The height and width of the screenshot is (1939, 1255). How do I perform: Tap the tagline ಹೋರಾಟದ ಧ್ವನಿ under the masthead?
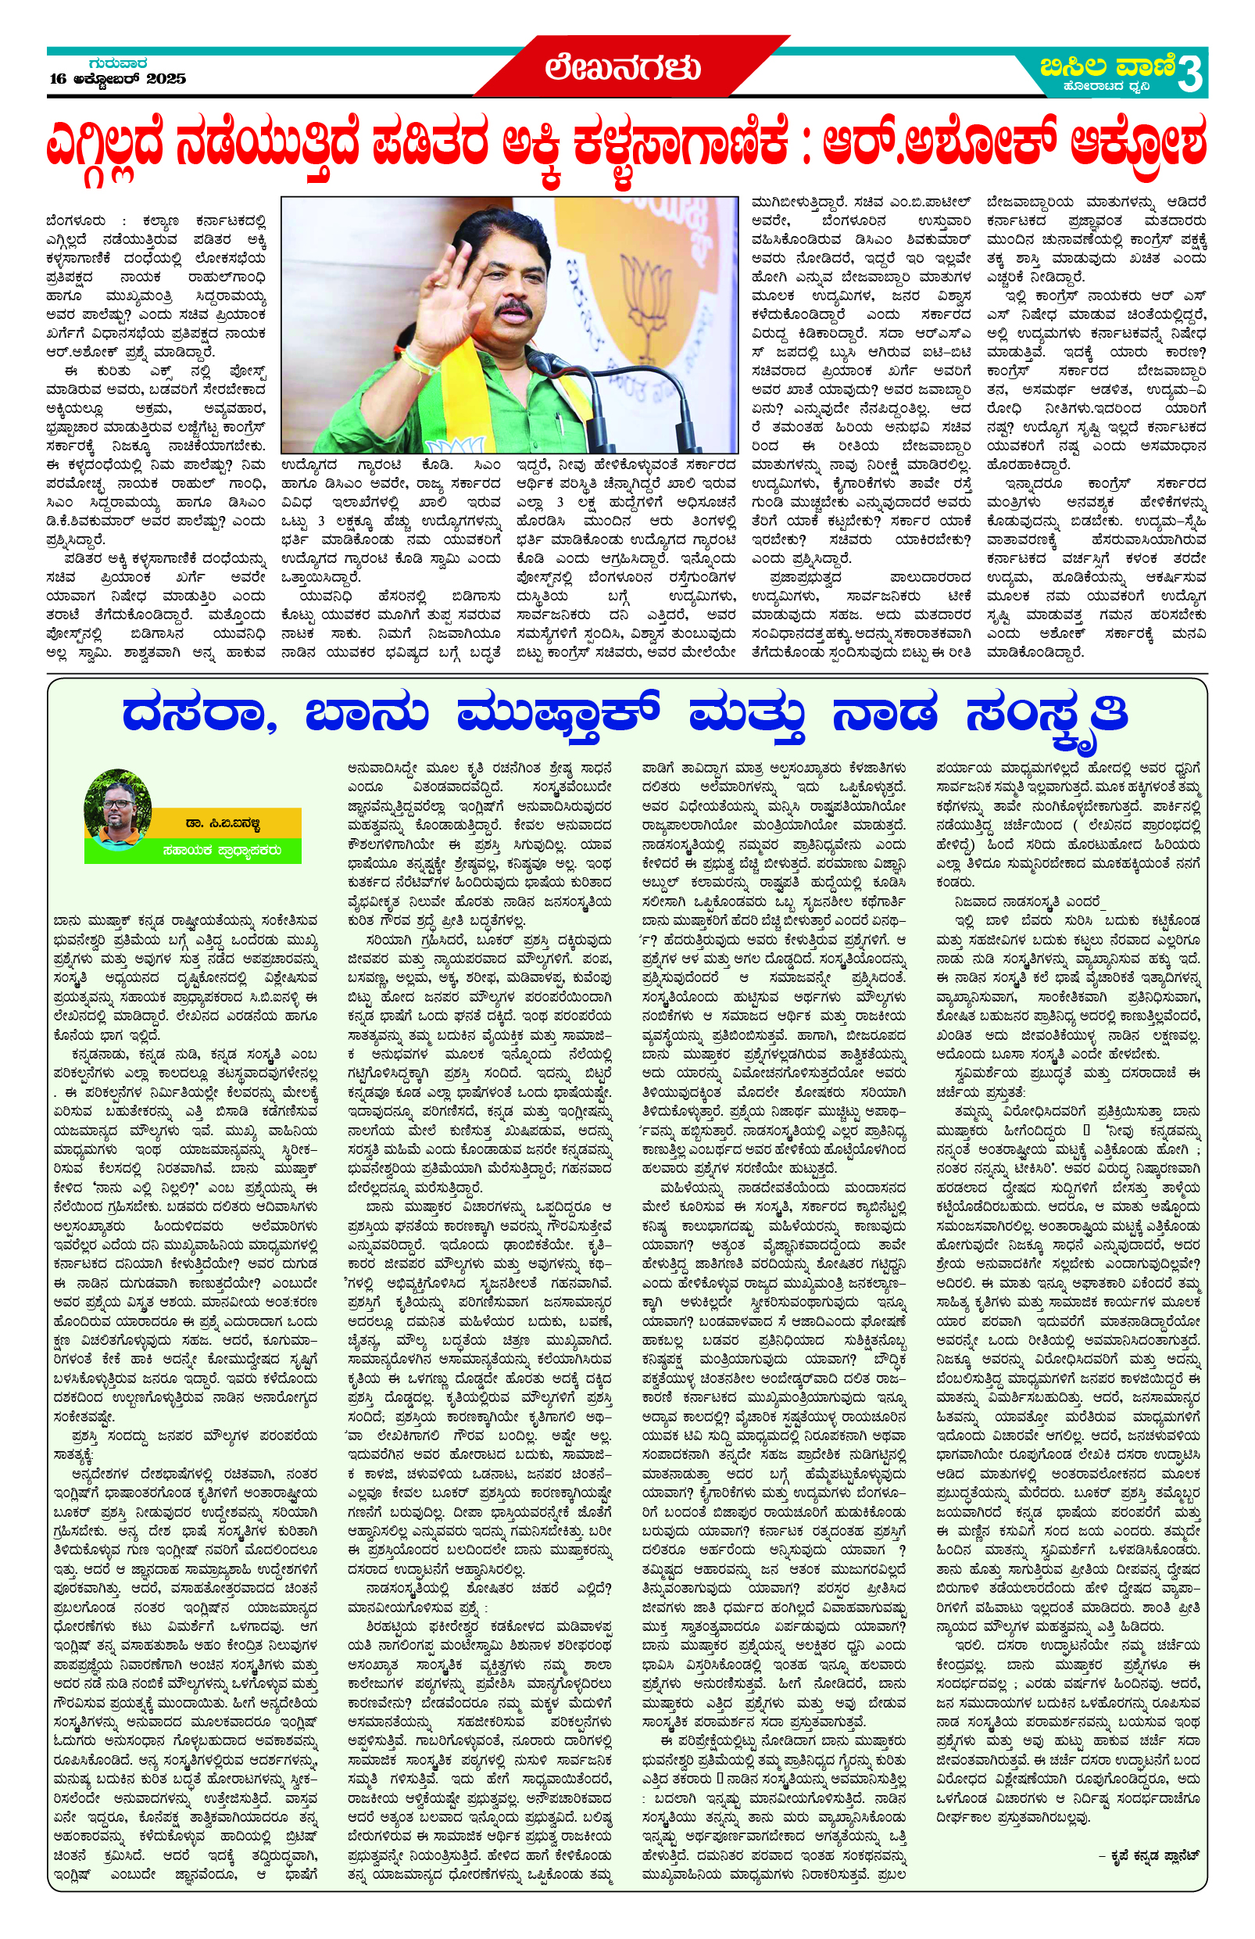1099,86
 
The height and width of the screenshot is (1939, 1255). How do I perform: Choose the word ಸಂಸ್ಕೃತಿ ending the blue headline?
1046,715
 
